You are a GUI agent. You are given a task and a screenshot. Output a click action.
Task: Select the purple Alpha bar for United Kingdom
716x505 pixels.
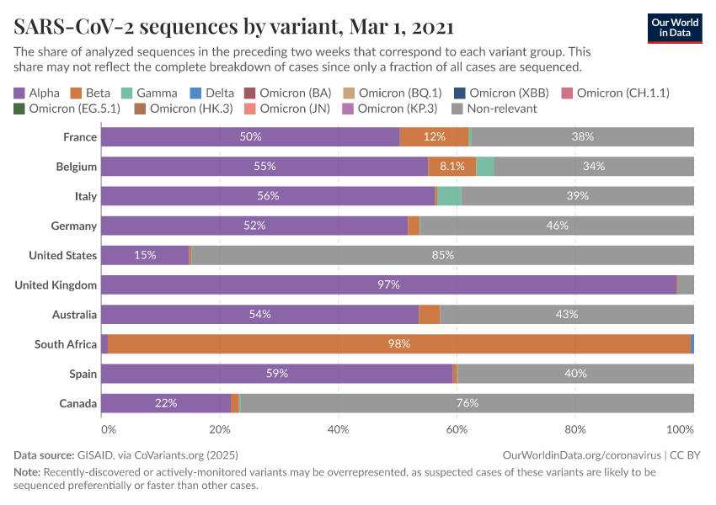click(388, 284)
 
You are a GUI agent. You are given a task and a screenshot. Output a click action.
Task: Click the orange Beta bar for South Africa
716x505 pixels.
click(398, 343)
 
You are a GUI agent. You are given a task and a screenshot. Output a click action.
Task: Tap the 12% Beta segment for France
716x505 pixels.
click(434, 136)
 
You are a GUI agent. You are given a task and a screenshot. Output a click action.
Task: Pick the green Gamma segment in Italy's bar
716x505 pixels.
click(449, 196)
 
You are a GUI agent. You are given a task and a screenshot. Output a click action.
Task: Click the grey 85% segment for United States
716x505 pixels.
click(442, 255)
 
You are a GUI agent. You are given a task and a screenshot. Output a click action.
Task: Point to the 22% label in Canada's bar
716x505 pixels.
click(166, 403)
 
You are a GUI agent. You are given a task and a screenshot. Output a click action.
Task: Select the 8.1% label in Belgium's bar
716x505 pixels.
click(452, 167)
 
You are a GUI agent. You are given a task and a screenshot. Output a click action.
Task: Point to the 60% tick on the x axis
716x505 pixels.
click(457, 428)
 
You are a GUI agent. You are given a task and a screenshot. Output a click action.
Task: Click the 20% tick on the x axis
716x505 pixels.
click(220, 428)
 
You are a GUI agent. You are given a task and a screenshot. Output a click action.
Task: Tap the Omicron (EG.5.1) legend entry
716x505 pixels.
click(67, 109)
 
